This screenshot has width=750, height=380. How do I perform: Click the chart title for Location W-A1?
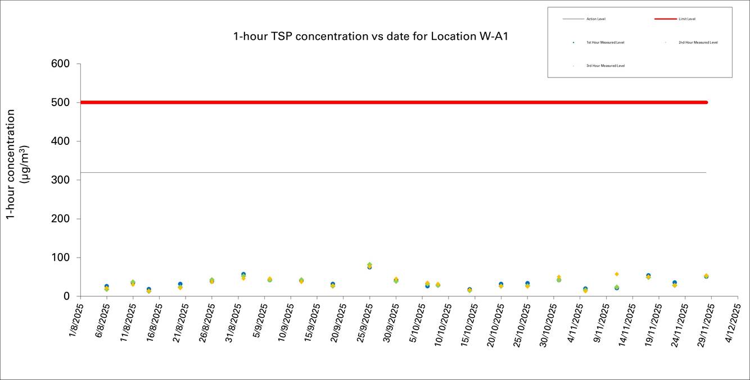371,36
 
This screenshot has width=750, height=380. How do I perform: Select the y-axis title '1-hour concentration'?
11,164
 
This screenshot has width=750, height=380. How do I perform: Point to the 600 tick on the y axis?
61,64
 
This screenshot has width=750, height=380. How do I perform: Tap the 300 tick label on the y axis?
61,180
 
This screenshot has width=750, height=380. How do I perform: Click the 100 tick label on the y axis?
61,258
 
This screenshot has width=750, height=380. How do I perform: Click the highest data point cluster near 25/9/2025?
369,265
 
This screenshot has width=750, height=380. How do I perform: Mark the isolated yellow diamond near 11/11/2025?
617,274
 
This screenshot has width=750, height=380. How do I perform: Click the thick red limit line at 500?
394,102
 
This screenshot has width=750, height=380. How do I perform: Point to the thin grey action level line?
394,172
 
